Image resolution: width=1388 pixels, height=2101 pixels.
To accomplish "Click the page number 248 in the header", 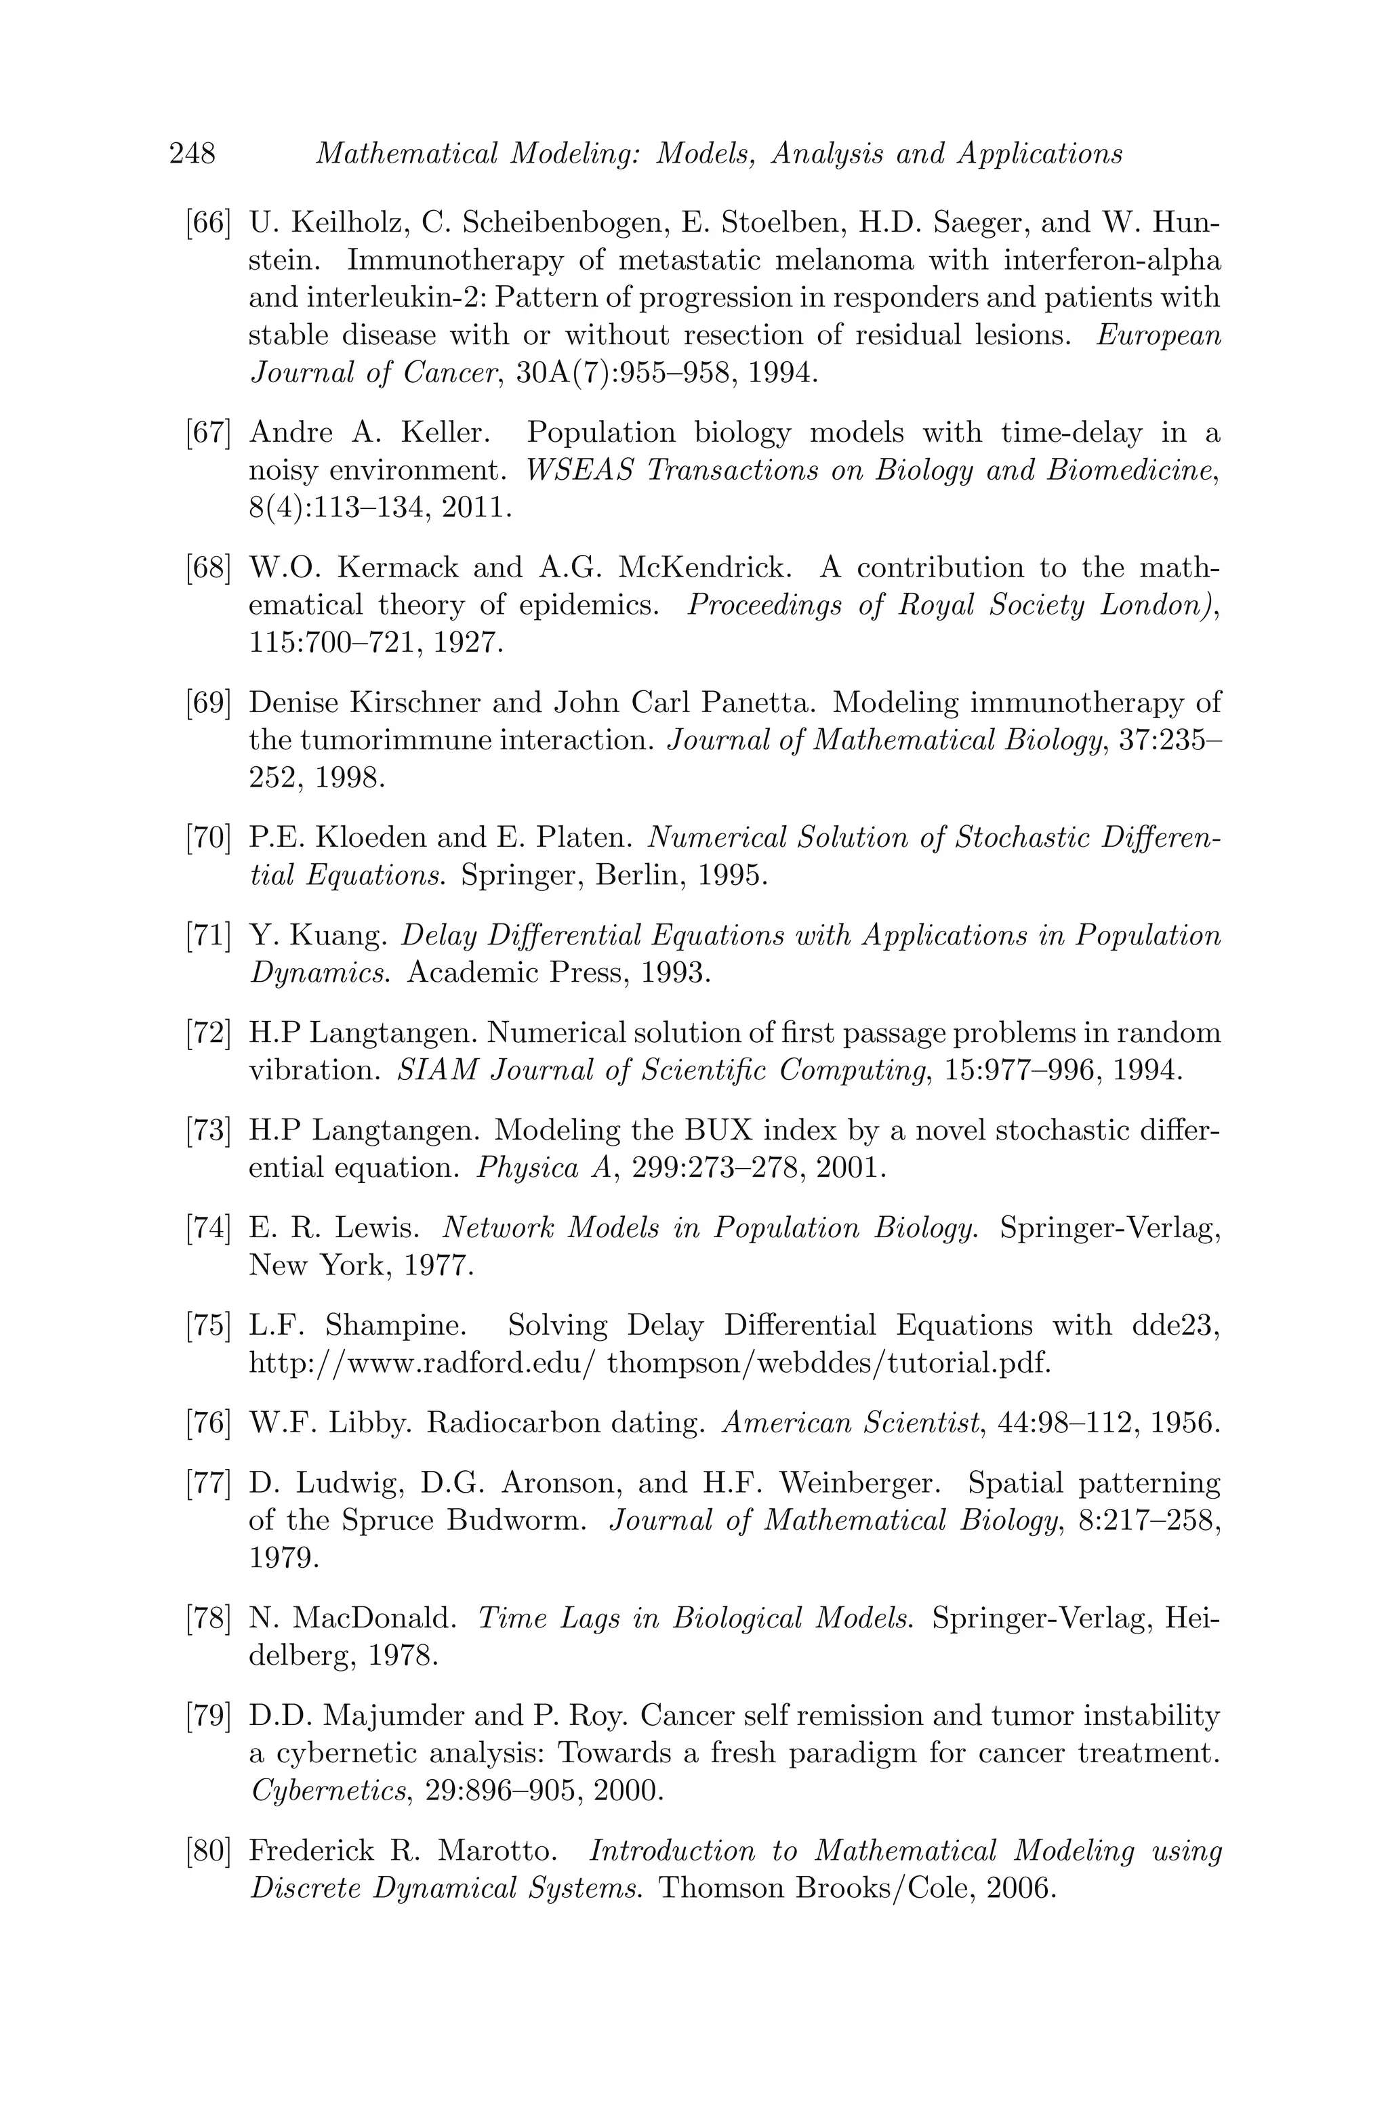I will [192, 154].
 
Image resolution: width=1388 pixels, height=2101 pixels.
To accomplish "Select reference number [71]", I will [209, 936].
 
